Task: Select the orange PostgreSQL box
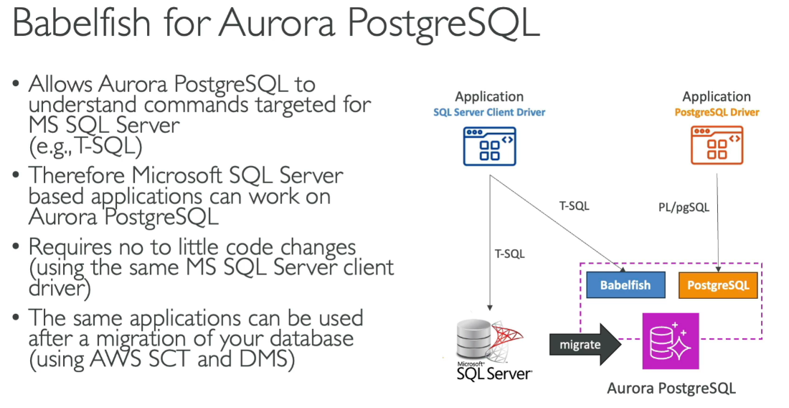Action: [718, 285]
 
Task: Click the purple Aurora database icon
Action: [670, 341]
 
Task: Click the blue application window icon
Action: [490, 146]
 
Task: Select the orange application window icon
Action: [717, 146]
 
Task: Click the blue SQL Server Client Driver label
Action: [489, 112]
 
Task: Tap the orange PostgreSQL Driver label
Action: [717, 112]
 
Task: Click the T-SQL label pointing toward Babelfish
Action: [574, 206]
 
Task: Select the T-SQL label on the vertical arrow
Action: [509, 254]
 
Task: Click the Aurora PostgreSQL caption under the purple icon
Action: [671, 389]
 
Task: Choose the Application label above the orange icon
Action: [717, 96]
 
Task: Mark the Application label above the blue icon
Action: [489, 96]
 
